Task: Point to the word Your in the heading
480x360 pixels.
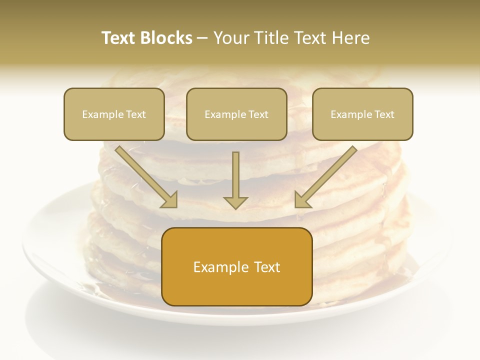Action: (x=231, y=38)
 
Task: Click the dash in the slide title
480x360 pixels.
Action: (x=202, y=38)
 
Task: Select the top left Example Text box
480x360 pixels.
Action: (x=114, y=114)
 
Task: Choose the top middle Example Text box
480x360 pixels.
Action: (x=236, y=114)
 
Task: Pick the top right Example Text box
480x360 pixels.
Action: (x=362, y=114)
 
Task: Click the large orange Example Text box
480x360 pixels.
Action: (x=236, y=266)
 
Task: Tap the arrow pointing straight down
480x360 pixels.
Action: (x=235, y=177)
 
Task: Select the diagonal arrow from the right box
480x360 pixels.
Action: (x=327, y=175)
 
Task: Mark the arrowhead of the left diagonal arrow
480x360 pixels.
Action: (x=169, y=199)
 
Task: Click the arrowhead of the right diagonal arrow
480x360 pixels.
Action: (x=302, y=199)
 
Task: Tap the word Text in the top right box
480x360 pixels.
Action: (x=384, y=114)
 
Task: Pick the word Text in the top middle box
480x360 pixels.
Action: (x=258, y=114)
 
